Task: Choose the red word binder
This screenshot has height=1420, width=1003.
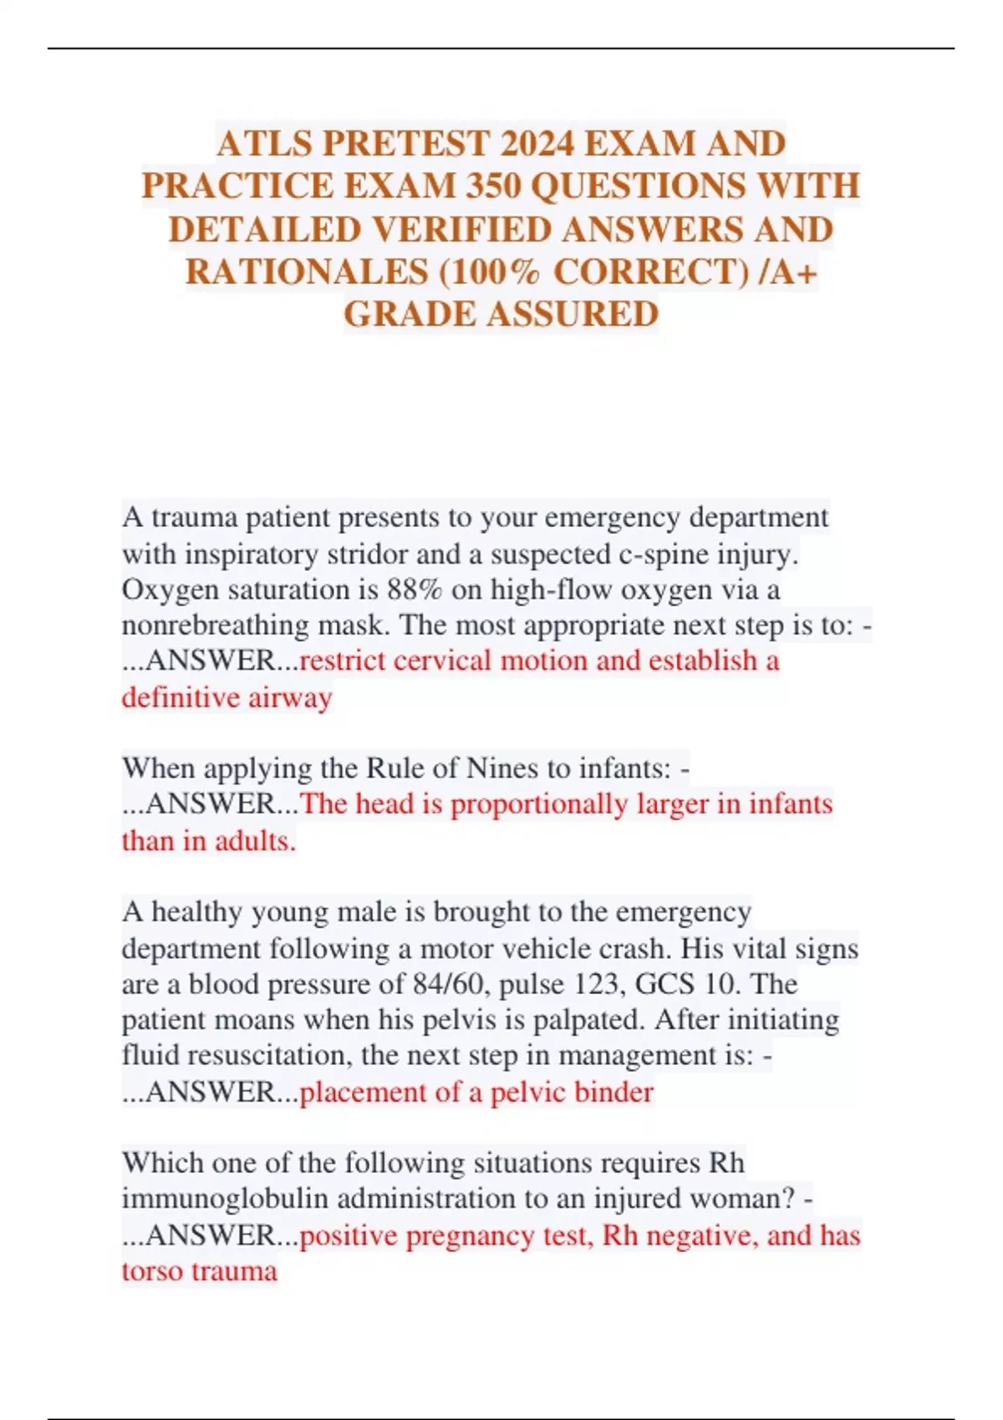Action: click(612, 1092)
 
